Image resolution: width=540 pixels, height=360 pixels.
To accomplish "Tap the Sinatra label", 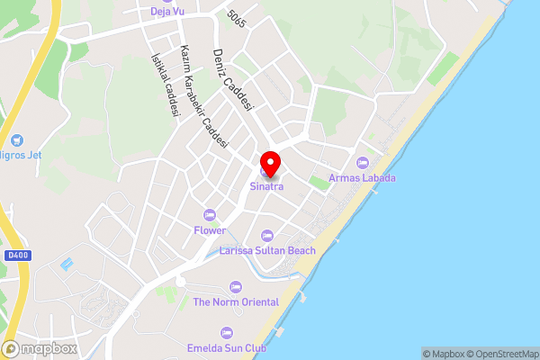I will (x=266, y=187).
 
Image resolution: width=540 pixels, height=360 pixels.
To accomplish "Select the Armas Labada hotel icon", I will (x=363, y=162).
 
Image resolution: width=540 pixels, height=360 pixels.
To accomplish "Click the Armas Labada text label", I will (x=363, y=176).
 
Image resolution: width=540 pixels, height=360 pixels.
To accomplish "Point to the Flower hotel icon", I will (x=210, y=215).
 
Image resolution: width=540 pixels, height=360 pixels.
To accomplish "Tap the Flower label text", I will (x=210, y=230).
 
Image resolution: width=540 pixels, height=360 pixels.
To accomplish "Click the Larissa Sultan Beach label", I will (x=267, y=250).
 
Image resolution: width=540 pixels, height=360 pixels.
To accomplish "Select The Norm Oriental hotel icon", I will (x=235, y=287).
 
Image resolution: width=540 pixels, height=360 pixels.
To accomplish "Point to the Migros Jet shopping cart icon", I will (x=16, y=139).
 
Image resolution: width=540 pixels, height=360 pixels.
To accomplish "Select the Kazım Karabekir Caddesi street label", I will (x=204, y=96).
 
